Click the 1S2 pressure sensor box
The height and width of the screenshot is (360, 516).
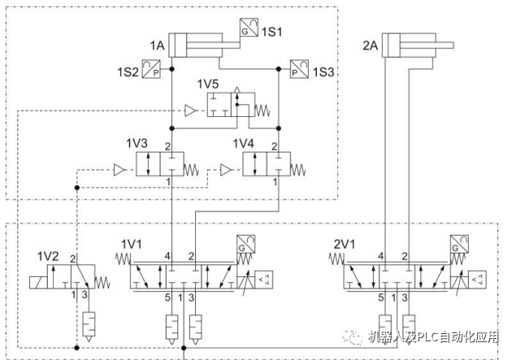click(x=151, y=71)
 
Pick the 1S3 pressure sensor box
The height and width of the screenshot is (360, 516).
click(x=300, y=71)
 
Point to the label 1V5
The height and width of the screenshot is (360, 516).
click(x=209, y=84)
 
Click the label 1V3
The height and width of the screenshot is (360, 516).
click(x=136, y=144)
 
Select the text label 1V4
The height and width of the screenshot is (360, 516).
click(x=243, y=144)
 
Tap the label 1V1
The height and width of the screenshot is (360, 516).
click(x=132, y=243)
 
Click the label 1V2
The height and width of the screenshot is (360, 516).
click(x=48, y=256)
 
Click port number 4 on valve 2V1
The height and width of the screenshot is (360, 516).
click(x=382, y=258)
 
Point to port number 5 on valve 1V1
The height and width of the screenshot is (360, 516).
click(x=168, y=297)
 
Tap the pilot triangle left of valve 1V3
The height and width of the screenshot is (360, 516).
click(x=119, y=169)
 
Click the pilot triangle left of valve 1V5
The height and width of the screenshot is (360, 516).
click(x=190, y=110)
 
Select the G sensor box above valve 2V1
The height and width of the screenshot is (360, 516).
click(x=458, y=244)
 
